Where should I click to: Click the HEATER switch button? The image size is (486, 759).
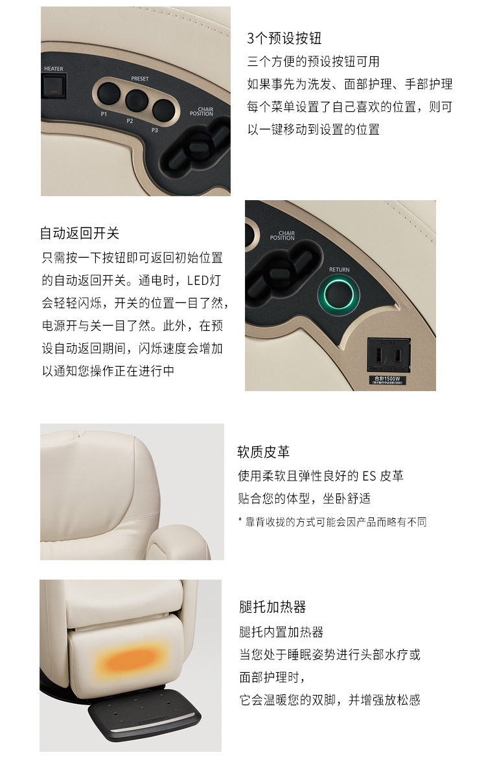coord(53,85)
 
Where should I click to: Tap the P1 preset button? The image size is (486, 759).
coord(108,94)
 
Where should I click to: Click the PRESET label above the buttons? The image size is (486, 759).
coord(139,78)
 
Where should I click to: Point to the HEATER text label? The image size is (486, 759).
coord(53,69)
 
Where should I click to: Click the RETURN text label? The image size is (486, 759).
coord(339,269)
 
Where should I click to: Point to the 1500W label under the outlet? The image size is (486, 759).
coord(387,379)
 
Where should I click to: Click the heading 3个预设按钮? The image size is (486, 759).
coord(284,38)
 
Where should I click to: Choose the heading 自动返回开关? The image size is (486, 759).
coord(80,233)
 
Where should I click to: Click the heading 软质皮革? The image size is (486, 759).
coord(263,452)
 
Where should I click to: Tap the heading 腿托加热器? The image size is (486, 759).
coord(272,607)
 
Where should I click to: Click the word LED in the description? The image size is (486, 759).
coord(197,280)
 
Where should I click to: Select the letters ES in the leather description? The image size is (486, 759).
coord(369,476)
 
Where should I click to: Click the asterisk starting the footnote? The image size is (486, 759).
coord(240,521)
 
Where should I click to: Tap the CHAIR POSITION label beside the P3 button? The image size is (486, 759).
coord(202,112)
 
